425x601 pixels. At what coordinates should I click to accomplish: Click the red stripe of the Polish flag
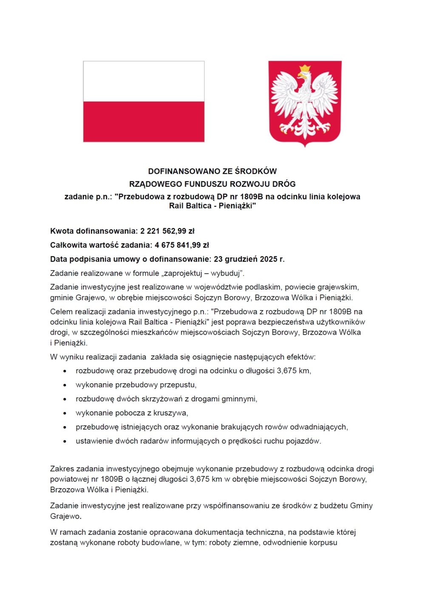point(144,121)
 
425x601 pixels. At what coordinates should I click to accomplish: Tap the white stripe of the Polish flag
point(144,81)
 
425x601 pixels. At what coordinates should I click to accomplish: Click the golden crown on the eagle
point(305,69)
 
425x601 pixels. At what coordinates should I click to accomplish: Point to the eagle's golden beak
point(300,76)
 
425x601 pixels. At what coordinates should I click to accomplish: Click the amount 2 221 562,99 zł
point(167,231)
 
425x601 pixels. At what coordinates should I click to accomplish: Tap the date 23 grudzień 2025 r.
point(249,260)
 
